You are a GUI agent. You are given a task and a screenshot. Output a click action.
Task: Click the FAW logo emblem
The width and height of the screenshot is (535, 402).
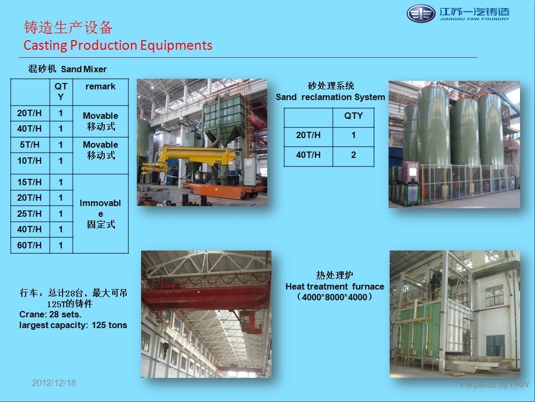tap(421, 14)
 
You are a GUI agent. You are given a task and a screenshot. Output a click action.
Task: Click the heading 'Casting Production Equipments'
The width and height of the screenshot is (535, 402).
tap(118, 45)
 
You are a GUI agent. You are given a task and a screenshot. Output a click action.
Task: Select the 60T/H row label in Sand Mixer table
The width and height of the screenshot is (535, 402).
tap(29, 245)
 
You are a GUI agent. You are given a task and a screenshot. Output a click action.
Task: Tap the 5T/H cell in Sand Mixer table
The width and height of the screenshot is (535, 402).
tap(29, 145)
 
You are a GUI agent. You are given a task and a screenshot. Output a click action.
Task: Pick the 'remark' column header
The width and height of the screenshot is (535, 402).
tap(100, 87)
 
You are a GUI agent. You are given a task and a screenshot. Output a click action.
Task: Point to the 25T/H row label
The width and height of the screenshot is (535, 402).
tap(29, 214)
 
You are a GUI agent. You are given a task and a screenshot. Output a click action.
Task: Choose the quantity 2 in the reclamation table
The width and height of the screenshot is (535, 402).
tap(353, 155)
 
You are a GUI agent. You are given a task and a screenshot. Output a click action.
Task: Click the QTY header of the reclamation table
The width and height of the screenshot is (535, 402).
tap(353, 116)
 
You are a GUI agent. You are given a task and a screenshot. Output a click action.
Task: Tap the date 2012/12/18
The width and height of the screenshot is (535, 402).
tap(54, 383)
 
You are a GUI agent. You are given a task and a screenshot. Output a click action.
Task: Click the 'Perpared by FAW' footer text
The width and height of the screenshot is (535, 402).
tap(494, 384)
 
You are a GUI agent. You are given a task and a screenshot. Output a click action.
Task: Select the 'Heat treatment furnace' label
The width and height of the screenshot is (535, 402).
tap(335, 286)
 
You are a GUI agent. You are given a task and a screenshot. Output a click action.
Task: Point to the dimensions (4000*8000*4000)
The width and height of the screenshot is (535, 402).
tap(335, 297)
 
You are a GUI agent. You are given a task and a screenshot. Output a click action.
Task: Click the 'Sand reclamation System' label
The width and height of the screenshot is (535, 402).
tap(330, 97)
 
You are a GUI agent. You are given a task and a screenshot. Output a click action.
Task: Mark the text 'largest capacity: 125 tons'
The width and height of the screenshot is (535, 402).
tap(73, 325)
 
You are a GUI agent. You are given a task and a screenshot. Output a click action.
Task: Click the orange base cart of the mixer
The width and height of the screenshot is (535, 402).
tap(223, 191)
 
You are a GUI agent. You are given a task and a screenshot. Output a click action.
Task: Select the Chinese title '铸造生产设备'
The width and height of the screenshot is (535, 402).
tap(68, 27)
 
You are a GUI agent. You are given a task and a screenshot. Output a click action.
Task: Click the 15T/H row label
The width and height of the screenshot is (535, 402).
tap(29, 182)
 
